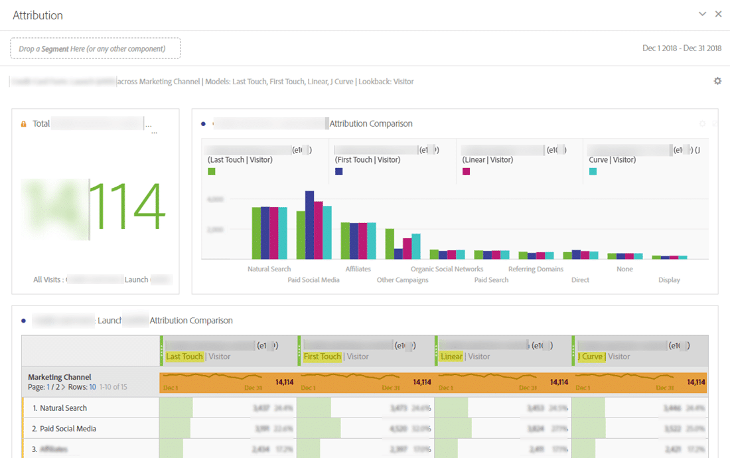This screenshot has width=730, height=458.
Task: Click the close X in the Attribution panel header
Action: [718, 14]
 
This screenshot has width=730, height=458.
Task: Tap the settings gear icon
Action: [717, 81]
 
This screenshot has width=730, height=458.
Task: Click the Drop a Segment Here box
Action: [95, 48]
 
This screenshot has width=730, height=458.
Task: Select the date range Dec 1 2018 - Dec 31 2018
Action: [682, 48]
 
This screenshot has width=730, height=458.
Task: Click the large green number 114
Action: [126, 207]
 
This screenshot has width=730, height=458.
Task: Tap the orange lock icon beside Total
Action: [24, 124]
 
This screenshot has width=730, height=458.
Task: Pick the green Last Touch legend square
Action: [212, 171]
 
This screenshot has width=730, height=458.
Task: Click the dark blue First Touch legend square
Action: [338, 171]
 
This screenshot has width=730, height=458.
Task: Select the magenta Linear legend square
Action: [466, 171]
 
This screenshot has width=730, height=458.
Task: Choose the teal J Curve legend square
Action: [593, 171]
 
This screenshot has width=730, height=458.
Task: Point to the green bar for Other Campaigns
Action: [390, 244]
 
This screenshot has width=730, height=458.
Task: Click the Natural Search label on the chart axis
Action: [269, 269]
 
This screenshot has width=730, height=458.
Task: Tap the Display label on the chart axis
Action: [669, 280]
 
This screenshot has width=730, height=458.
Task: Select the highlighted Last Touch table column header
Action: [184, 356]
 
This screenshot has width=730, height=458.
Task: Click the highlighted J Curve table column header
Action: [591, 356]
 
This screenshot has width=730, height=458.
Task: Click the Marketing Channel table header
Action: [60, 377]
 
